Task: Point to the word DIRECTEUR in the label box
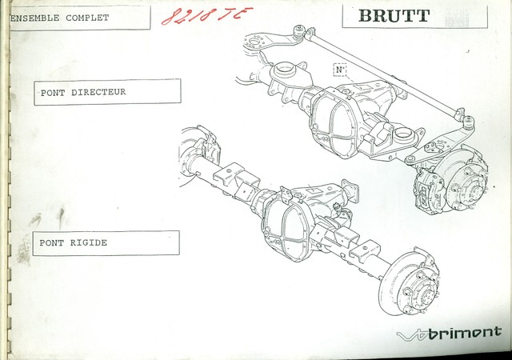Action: point(98,92)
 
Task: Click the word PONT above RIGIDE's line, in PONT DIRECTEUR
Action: point(53,92)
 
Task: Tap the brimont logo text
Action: point(463,332)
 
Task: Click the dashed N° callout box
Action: point(340,70)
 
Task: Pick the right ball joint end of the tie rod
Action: point(468,122)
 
